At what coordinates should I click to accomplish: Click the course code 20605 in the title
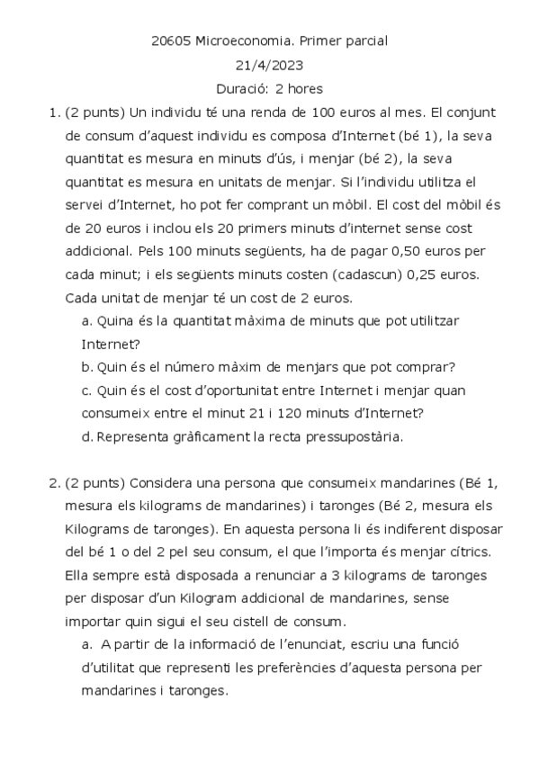(x=170, y=40)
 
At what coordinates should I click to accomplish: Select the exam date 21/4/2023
(x=269, y=65)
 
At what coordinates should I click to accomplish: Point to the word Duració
(x=243, y=89)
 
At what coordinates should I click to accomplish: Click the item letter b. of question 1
(x=88, y=366)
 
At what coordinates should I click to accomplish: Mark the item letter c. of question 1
(x=87, y=390)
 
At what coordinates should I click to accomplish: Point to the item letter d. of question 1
(x=88, y=436)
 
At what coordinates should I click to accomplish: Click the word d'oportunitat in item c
(x=220, y=390)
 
